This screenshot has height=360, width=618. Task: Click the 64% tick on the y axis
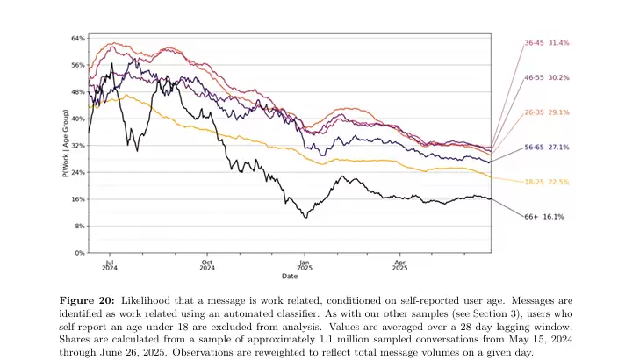click(x=78, y=39)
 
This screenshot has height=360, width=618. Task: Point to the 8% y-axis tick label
click(x=79, y=227)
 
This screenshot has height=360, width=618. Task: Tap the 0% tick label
click(x=79, y=253)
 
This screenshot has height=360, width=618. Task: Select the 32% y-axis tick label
click(x=78, y=146)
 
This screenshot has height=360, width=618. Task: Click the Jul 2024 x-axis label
click(x=110, y=263)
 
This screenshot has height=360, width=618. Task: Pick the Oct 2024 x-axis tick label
click(x=207, y=263)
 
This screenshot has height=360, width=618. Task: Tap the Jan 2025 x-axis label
click(x=304, y=263)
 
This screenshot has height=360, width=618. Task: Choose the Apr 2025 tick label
click(x=399, y=263)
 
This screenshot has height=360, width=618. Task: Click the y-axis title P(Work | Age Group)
click(x=66, y=146)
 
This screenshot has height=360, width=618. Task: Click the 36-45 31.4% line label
click(x=546, y=42)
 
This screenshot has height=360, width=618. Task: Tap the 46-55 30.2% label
click(x=546, y=77)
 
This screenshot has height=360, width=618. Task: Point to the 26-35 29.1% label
click(x=546, y=112)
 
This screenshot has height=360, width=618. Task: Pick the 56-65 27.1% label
click(x=546, y=147)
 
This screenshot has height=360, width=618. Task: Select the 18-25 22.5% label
click(x=546, y=182)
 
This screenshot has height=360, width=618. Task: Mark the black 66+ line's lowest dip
click(x=305, y=216)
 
